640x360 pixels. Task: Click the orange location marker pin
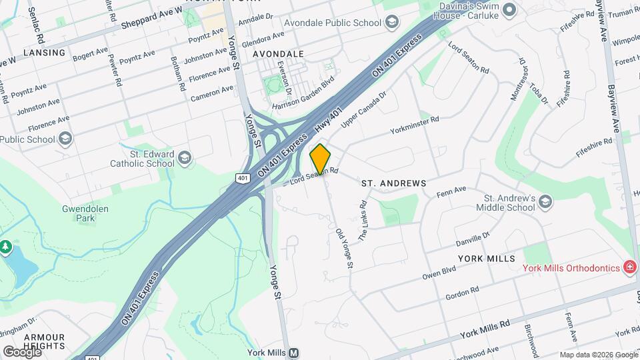click(321, 159)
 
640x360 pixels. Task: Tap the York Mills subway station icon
click(294, 353)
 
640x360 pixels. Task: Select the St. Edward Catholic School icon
click(185, 158)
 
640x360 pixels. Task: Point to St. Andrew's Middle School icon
click(545, 202)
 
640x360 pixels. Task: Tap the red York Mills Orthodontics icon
click(629, 268)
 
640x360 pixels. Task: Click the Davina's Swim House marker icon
click(510, 9)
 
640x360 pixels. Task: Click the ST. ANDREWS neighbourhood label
click(393, 183)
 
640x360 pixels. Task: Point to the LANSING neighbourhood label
click(45, 52)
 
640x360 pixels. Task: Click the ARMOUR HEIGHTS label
click(45, 341)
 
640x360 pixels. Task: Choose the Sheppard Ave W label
click(152, 19)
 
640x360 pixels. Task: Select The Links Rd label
click(363, 221)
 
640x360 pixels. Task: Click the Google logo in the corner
click(22, 351)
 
